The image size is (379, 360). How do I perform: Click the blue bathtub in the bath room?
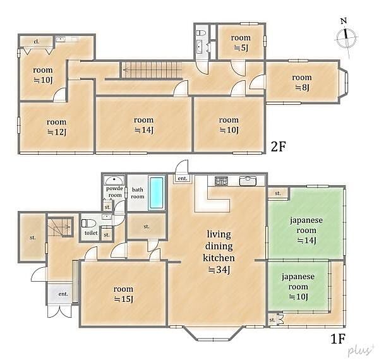(x=156, y=193)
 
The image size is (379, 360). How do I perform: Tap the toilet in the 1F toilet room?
(x=86, y=223)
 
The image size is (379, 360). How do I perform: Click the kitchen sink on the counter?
(x=248, y=181)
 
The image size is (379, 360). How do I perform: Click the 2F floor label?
(x=278, y=147)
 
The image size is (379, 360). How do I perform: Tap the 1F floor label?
(x=337, y=339)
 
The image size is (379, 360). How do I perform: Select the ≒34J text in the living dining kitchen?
(x=219, y=270)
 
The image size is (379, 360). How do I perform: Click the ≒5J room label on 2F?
(x=241, y=47)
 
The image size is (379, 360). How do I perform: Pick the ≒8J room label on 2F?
(x=302, y=87)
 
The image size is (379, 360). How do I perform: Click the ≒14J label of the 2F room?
(x=144, y=130)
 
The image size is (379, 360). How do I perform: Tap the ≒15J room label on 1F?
(x=123, y=299)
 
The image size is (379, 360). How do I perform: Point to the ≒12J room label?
(x=57, y=132)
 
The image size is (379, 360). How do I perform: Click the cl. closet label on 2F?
(x=36, y=42)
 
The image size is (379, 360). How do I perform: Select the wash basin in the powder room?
(x=114, y=180)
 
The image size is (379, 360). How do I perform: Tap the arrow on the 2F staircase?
(x=152, y=70)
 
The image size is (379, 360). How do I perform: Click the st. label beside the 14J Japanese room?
(x=278, y=193)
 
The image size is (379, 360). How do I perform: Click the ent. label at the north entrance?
(x=183, y=179)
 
